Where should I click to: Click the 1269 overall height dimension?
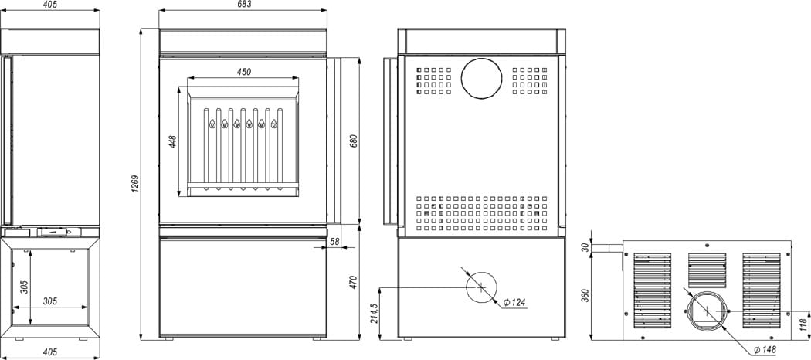[134, 184]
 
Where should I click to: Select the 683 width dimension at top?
[244, 5]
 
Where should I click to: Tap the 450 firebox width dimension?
[243, 72]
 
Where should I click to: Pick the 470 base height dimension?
[354, 281]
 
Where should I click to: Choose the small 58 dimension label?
[334, 242]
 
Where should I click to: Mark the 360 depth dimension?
[584, 295]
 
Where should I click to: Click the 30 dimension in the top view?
[585, 248]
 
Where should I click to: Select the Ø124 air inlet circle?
[480, 287]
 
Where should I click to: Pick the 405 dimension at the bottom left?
[50, 352]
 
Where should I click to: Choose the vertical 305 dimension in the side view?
[24, 287]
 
